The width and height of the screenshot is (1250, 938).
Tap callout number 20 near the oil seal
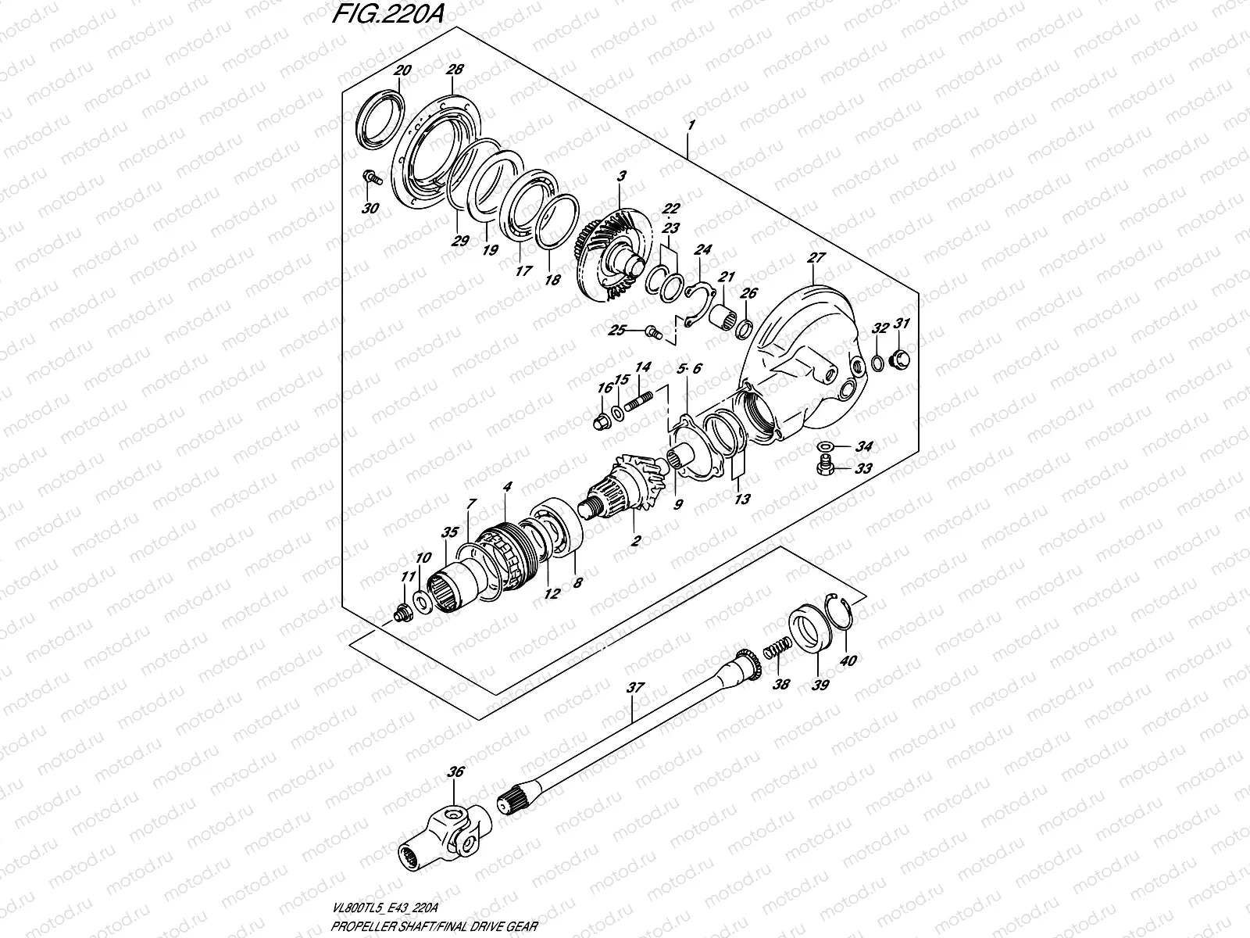pyautogui.click(x=402, y=71)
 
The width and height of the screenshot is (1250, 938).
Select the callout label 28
pyautogui.click(x=454, y=71)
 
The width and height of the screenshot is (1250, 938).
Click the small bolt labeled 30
pyautogui.click(x=371, y=179)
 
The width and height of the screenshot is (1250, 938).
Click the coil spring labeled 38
pyautogui.click(x=773, y=653)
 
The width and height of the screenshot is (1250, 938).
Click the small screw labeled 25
pyautogui.click(x=652, y=332)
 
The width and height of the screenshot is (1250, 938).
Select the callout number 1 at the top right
pyautogui.click(x=690, y=125)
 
